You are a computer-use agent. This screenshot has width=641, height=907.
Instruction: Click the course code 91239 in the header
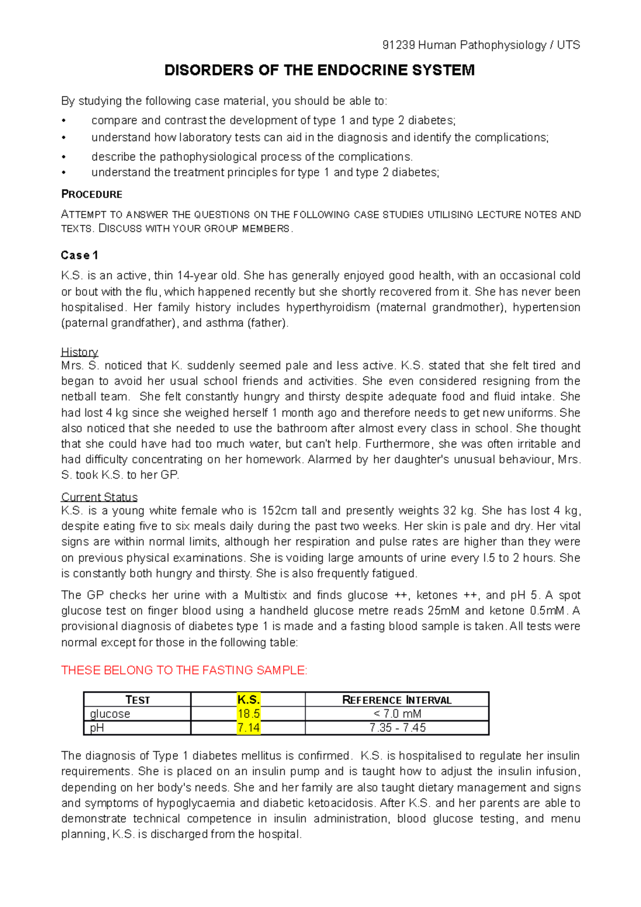pyautogui.click(x=398, y=45)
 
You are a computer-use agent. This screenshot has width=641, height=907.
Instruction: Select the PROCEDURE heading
pyautogui.click(x=92, y=194)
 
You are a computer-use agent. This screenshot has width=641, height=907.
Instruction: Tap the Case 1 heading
pyautogui.click(x=80, y=255)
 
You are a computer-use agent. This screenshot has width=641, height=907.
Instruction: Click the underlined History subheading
pyautogui.click(x=80, y=352)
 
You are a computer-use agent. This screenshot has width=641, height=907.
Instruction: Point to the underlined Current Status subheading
pyautogui.click(x=99, y=497)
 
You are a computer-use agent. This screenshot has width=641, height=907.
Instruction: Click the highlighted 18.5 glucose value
pyautogui.click(x=248, y=714)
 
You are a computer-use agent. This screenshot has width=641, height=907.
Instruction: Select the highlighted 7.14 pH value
pyautogui.click(x=248, y=728)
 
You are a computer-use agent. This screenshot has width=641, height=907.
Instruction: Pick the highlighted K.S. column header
pyautogui.click(x=248, y=700)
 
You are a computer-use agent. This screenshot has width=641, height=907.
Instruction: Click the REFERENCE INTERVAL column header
pyautogui.click(x=397, y=700)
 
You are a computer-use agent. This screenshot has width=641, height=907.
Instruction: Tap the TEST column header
pyautogui.click(x=137, y=700)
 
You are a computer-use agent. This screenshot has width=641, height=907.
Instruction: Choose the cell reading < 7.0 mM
pyautogui.click(x=397, y=714)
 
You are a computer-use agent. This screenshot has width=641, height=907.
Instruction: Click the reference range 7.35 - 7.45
pyautogui.click(x=397, y=728)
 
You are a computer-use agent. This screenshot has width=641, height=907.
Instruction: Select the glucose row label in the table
pyautogui.click(x=110, y=714)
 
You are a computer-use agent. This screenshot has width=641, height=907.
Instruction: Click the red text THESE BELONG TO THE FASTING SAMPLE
pyautogui.click(x=184, y=670)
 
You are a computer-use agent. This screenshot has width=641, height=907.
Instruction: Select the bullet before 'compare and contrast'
pyautogui.click(x=64, y=121)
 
